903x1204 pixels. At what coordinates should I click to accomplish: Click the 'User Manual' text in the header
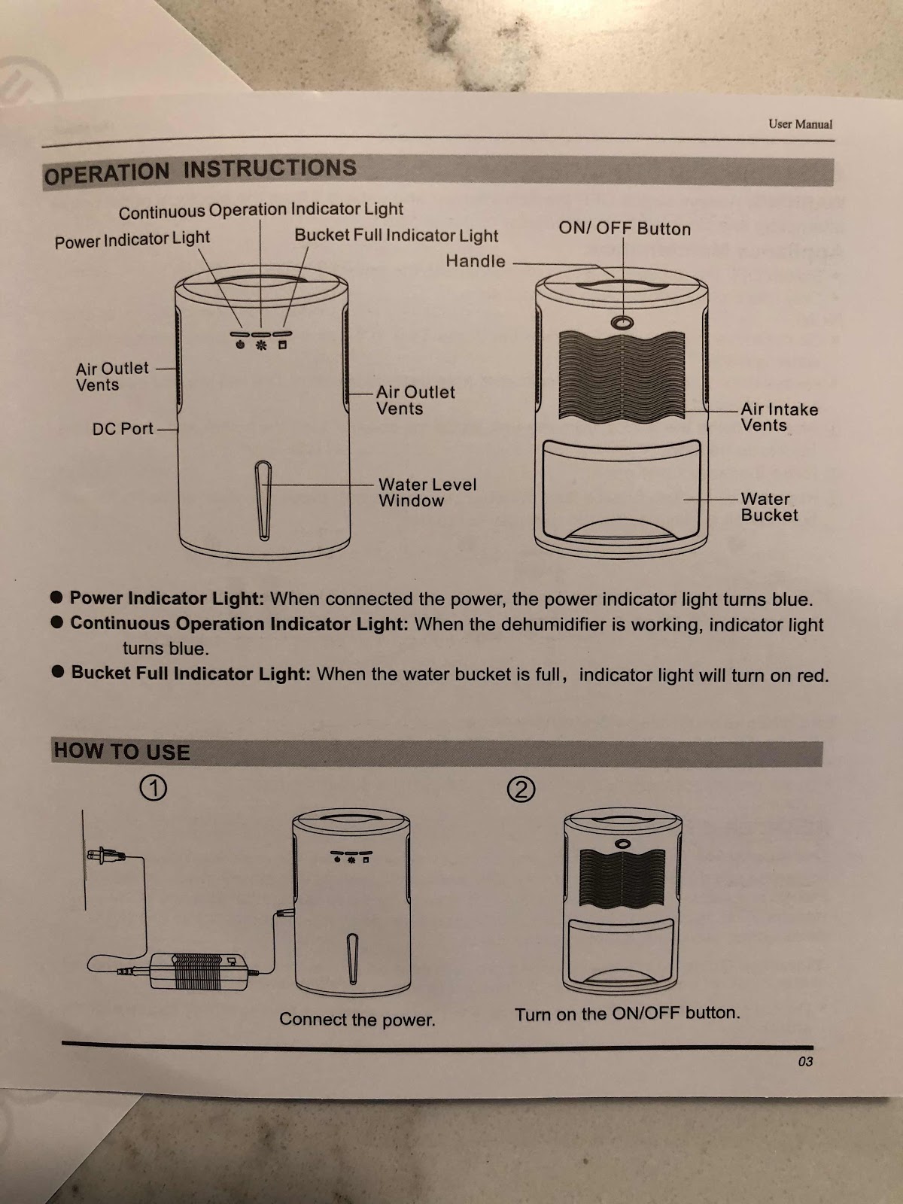click(x=800, y=124)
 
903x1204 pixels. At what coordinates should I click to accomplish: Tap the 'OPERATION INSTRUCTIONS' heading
click(x=200, y=171)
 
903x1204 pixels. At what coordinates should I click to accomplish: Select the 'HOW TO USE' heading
click(x=122, y=751)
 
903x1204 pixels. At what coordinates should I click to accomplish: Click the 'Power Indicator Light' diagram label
click(x=132, y=239)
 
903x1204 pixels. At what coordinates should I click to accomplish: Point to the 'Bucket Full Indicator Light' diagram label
click(x=397, y=236)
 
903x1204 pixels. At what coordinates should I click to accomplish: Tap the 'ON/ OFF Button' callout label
click(x=625, y=228)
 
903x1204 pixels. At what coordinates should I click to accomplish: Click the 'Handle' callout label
click(x=476, y=261)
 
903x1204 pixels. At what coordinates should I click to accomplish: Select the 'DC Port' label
click(x=123, y=428)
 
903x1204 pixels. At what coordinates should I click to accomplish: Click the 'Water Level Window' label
click(x=427, y=492)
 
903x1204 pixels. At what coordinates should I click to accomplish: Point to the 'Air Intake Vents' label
click(x=779, y=417)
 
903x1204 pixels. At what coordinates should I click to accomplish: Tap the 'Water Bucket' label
click(x=769, y=507)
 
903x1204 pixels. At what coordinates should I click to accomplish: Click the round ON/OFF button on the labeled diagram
click(x=622, y=323)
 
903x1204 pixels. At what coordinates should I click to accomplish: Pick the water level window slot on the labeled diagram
click(x=263, y=500)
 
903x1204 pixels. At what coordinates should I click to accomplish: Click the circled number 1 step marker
click(x=154, y=788)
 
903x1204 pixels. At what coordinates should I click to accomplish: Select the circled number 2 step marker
click(x=521, y=789)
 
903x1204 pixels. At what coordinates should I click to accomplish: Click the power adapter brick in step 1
click(x=199, y=971)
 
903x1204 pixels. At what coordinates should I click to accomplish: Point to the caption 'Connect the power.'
click(x=357, y=1019)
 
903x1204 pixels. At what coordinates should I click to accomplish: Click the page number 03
click(x=805, y=1061)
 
